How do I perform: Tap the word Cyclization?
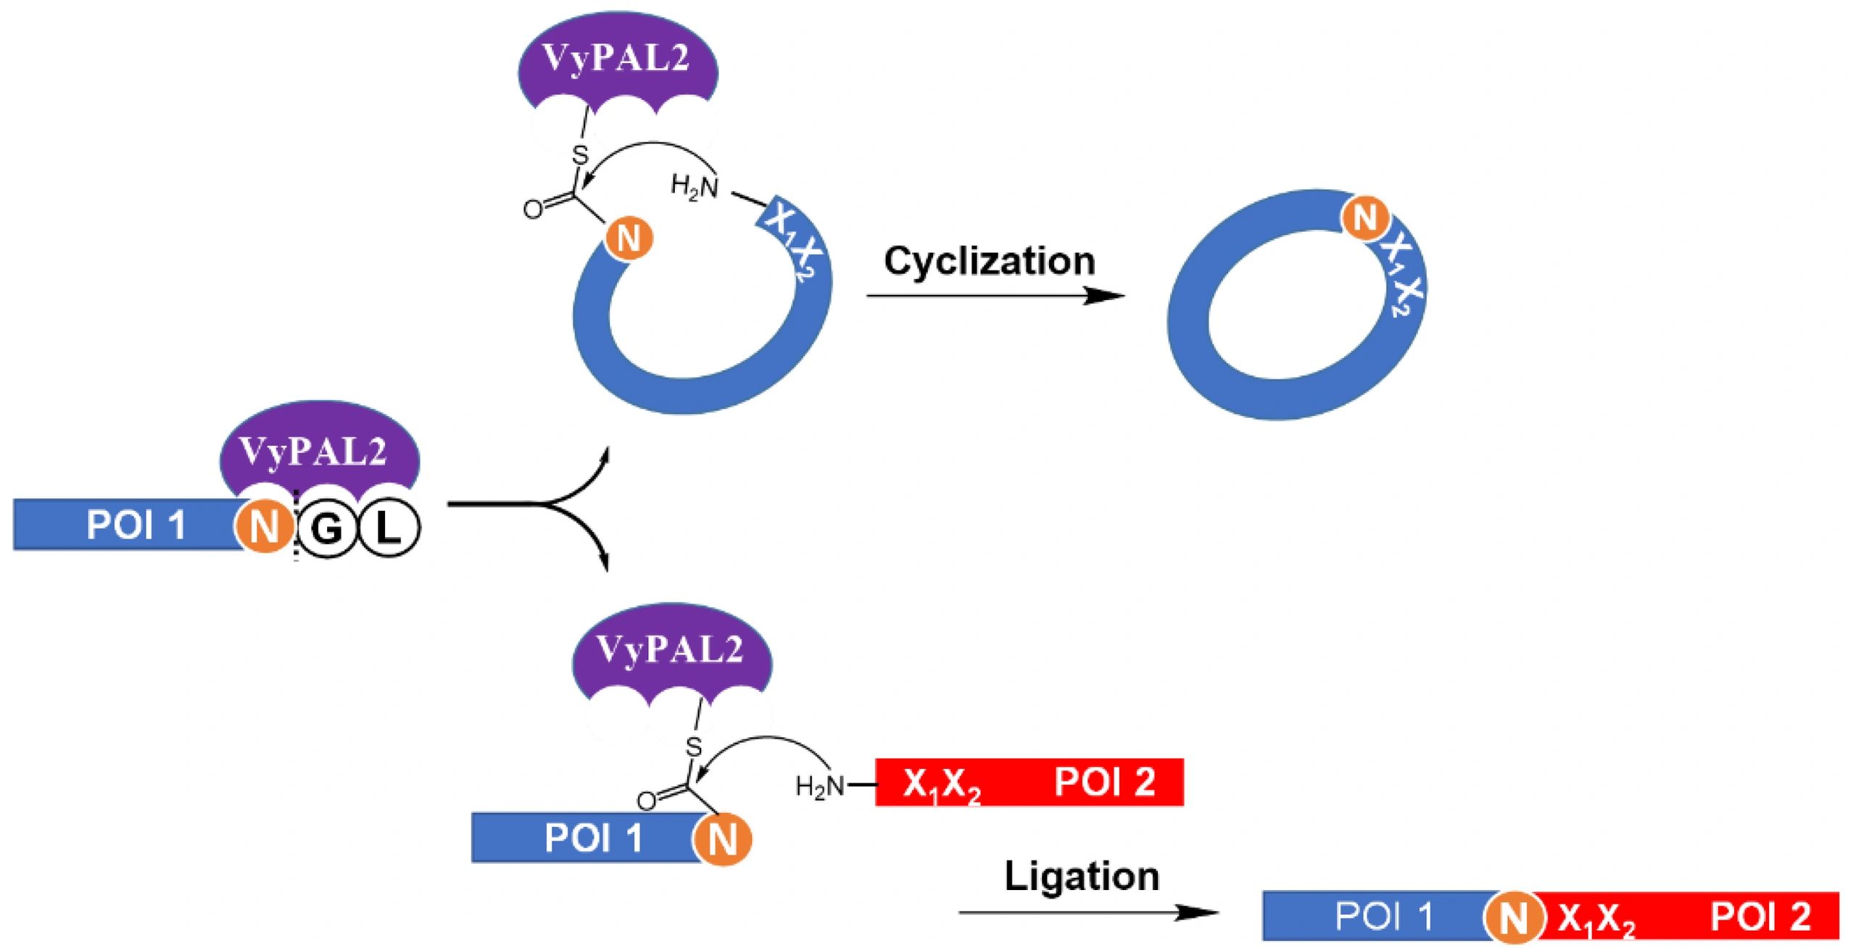click(x=989, y=262)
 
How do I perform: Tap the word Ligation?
click(x=1082, y=877)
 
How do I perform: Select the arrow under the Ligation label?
click(x=1087, y=912)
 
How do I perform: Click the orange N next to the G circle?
click(x=265, y=527)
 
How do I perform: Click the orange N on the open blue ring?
click(x=628, y=238)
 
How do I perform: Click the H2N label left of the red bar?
click(x=819, y=786)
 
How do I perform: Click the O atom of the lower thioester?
click(x=646, y=801)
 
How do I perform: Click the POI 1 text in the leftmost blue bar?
click(x=136, y=525)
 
